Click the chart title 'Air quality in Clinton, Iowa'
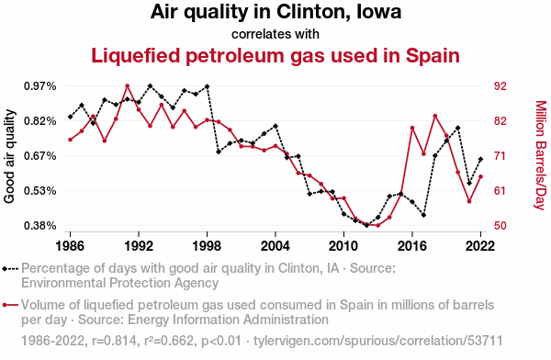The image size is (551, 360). pyautogui.click(x=275, y=12)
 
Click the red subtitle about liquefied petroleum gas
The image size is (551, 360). pyautogui.click(x=275, y=55)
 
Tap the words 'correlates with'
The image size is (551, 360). pyautogui.click(x=275, y=34)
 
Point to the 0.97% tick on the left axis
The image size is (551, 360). pyautogui.click(x=40, y=86)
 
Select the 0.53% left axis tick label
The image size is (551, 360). pyautogui.click(x=40, y=191)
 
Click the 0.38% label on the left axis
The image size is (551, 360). pyautogui.click(x=40, y=226)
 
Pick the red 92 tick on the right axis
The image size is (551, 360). pyautogui.click(x=500, y=86)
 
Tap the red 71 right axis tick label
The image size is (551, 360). pyautogui.click(x=500, y=156)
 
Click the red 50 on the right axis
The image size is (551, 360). pyautogui.click(x=500, y=226)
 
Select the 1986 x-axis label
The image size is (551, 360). pyautogui.click(x=71, y=246)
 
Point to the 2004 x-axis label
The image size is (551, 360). pyautogui.click(x=275, y=246)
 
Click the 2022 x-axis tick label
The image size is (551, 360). pyautogui.click(x=480, y=246)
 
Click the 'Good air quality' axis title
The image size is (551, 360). pyautogui.click(x=9, y=156)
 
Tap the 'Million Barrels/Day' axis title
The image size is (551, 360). pyautogui.click(x=541, y=155)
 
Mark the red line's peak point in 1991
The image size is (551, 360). pyautogui.click(x=128, y=86)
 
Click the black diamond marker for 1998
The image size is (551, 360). pyautogui.click(x=207, y=86)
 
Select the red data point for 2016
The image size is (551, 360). pyautogui.click(x=412, y=128)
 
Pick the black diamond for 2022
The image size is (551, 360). pyautogui.click(x=480, y=159)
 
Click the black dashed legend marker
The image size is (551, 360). pyautogui.click(x=10, y=269)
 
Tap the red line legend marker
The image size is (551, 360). pyautogui.click(x=10, y=305)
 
